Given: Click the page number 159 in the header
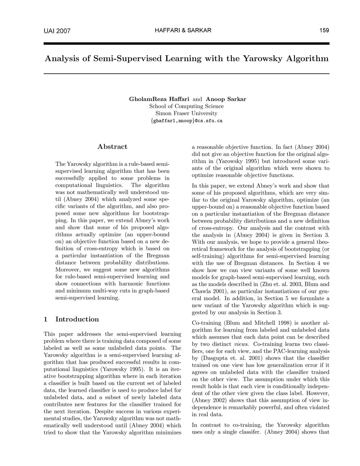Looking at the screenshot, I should pos(324,30).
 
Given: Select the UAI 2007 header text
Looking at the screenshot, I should pos(57,31).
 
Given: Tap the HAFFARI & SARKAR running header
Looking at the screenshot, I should pos(183,30).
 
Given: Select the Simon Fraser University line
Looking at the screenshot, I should pos(186,113).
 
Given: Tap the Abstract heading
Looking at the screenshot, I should pos(112,147).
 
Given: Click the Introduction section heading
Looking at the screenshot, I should pos(77,319).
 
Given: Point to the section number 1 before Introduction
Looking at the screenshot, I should pos(46,319).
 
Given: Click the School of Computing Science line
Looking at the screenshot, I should pos(186,106).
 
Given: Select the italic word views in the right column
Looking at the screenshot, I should pos(241,344).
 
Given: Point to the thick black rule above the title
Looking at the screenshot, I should pos(186,44).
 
